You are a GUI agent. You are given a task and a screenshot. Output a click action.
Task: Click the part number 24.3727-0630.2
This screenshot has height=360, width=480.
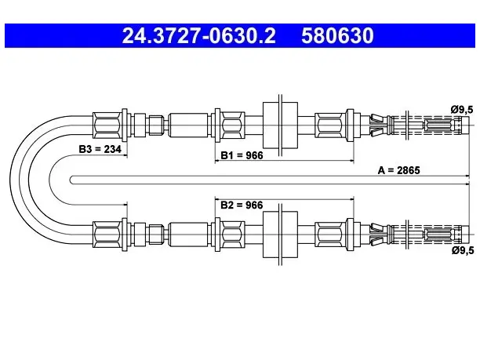coord(198,35)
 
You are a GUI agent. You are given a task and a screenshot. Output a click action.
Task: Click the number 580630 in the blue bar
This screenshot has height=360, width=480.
coord(337,35)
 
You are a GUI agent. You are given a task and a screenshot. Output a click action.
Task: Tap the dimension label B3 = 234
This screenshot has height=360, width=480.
coord(100,149)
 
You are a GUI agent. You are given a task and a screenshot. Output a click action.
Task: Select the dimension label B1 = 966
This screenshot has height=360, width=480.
coord(242,155)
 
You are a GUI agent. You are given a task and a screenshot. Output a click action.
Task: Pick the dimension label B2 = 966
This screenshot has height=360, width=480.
coord(242,205)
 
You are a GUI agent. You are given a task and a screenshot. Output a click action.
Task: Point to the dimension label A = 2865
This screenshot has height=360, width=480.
coord(399,170)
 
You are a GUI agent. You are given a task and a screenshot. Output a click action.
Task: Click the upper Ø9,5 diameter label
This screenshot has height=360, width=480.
coord(462,109)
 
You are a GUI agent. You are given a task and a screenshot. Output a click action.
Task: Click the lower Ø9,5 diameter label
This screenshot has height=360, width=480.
coord(463,250)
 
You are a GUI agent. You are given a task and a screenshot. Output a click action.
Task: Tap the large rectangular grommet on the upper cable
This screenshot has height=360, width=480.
coord(280,125)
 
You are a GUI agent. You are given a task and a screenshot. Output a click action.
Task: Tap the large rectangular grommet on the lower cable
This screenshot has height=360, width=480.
coord(280,235)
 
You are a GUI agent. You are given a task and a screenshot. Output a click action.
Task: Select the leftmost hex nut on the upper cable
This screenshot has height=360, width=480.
coord(107,125)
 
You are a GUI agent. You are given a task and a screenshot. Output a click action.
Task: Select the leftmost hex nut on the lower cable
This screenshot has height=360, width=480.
coord(107,235)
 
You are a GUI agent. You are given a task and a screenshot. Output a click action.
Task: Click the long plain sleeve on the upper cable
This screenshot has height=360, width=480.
coord(188,125)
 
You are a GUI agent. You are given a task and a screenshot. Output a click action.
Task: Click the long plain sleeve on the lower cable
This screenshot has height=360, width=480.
coord(188,235)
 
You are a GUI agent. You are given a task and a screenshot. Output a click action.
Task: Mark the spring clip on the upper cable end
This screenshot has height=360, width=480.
coord(378,125)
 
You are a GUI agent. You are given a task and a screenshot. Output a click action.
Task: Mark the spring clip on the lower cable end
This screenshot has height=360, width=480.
coord(378,235)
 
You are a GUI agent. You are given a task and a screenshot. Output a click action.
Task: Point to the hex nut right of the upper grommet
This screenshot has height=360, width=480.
coord(330,125)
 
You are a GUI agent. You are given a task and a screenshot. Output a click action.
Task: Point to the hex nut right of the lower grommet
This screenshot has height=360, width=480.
coord(330,235)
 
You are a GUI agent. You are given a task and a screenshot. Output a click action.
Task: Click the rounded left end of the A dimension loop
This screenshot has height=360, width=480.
coord(70,180)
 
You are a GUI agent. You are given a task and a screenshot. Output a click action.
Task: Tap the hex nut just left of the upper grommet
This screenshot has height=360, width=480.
coord(232,125)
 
